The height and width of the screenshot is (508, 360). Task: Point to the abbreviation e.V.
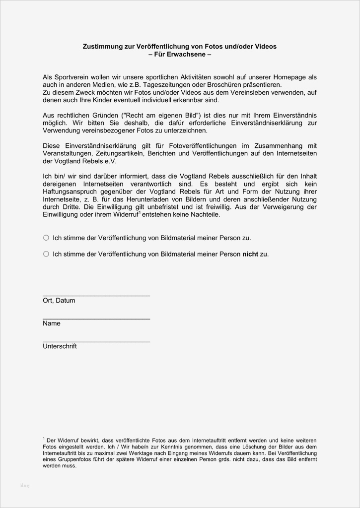pos(109,161)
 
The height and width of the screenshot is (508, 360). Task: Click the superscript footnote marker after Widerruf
pos(141,213)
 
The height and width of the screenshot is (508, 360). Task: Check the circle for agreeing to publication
pos(46,238)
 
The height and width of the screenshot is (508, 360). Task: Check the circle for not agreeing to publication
pos(46,254)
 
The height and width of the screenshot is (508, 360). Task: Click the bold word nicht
pos(250,254)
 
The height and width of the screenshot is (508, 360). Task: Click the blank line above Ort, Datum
pos(96,295)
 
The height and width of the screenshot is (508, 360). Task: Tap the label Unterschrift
pos(60,346)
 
